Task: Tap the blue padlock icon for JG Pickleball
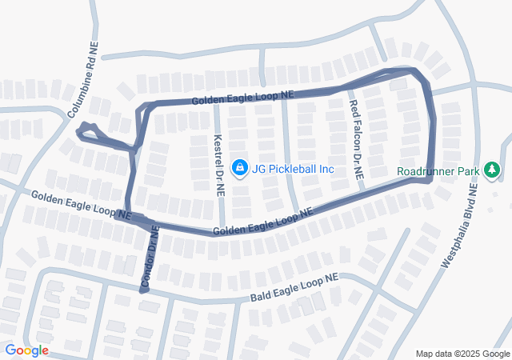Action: pyautogui.click(x=238, y=167)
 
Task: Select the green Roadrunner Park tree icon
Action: pyautogui.click(x=492, y=170)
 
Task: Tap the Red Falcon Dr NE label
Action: pyautogui.click(x=355, y=139)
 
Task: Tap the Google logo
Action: pyautogui.click(x=26, y=350)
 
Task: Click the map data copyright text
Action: pyautogui.click(x=462, y=354)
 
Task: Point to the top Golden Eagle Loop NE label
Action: pyautogui.click(x=243, y=97)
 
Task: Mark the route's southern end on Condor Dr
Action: pyautogui.click(x=144, y=290)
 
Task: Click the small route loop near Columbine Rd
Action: pyautogui.click(x=87, y=131)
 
